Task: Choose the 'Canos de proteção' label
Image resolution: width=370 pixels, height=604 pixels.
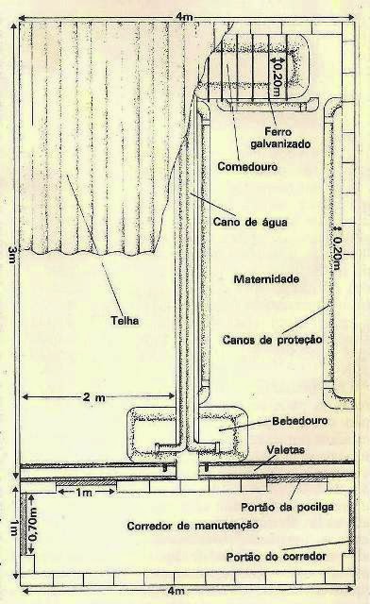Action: point(273,338)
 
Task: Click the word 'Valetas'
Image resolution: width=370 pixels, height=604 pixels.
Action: point(286,449)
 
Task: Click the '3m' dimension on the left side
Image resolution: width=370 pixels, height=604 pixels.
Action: point(8,253)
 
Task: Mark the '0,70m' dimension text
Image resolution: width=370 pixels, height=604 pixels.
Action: point(34,526)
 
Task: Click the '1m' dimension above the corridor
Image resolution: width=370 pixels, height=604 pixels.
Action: point(84,492)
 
